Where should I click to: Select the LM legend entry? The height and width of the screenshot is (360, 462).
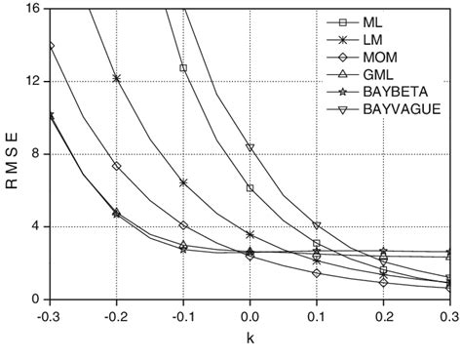[371, 40]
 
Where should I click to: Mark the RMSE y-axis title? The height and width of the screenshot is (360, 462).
[12, 153]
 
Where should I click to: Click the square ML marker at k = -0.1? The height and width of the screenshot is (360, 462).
[183, 68]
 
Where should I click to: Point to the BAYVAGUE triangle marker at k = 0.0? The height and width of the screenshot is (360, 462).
[250, 147]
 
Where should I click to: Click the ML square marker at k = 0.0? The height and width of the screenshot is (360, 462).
[250, 188]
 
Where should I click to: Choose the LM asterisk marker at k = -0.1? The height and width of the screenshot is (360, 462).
[183, 182]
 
